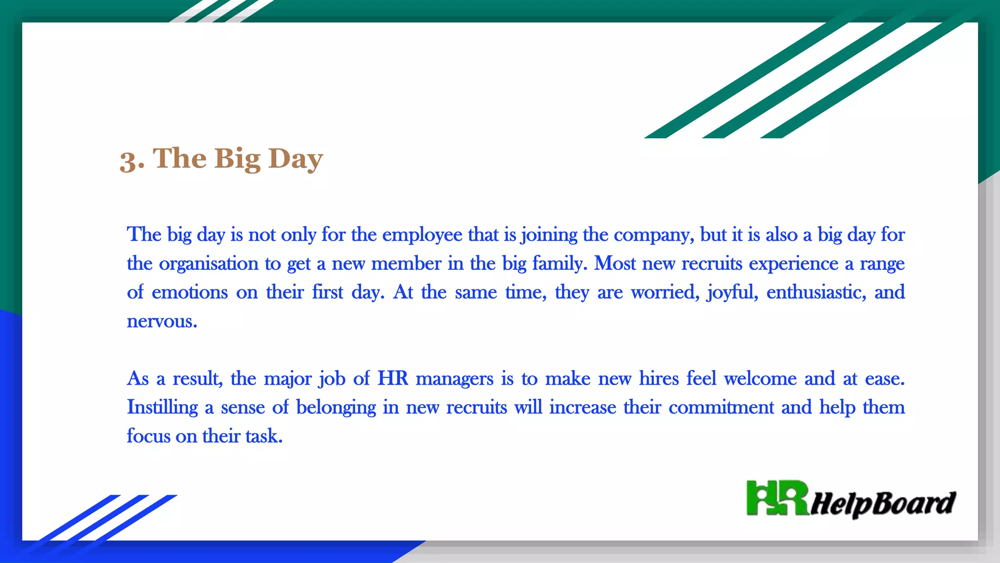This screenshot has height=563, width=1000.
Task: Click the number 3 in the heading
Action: tap(128, 160)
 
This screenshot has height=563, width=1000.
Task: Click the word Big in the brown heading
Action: tap(237, 159)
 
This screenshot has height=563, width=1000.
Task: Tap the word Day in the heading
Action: tap(295, 159)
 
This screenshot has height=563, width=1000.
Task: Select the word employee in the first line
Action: tap(422, 235)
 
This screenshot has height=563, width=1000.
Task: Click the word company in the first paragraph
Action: tap(653, 235)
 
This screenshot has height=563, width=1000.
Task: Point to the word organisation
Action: tap(208, 264)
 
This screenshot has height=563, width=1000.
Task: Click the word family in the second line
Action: tap(559, 264)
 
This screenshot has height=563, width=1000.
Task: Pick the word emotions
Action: tap(189, 292)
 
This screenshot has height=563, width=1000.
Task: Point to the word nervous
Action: tap(162, 322)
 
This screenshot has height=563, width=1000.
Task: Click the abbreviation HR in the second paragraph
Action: tap(393, 379)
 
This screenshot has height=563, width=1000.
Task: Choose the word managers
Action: tap(454, 379)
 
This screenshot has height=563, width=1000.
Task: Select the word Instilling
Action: tap(162, 408)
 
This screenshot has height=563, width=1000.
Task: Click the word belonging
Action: tap(336, 408)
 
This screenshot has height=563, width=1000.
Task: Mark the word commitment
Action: tap(721, 408)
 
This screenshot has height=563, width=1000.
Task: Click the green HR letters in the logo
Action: tap(777, 498)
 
